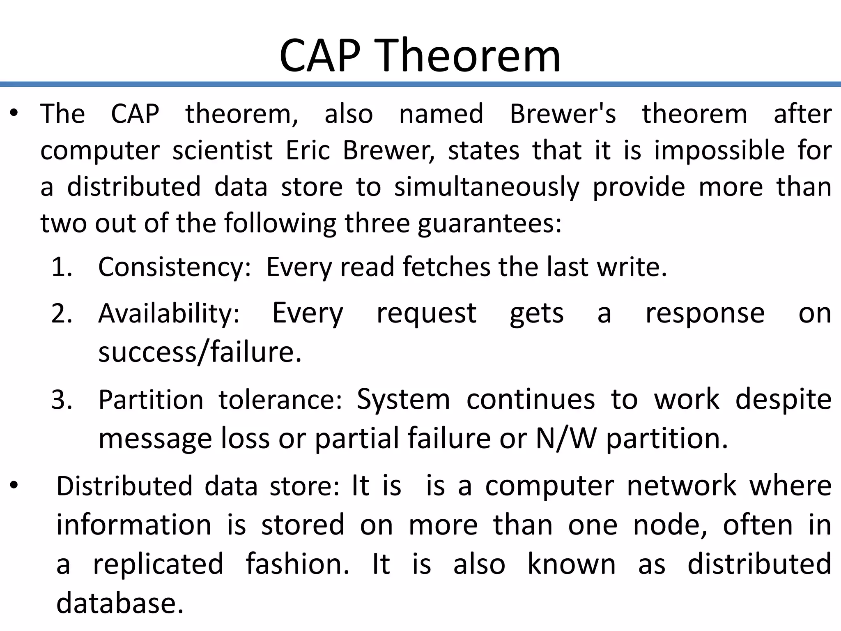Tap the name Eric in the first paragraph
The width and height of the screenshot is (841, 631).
[x=308, y=150]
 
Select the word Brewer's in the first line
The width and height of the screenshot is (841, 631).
[x=563, y=114]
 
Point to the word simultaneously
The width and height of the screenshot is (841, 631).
[x=487, y=187]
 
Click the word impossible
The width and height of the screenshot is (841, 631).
[x=719, y=150]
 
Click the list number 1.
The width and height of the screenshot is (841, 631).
[x=62, y=267]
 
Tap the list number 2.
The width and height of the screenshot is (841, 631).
[x=62, y=313]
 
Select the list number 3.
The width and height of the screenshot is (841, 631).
[x=62, y=399]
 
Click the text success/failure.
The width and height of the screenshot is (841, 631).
[x=200, y=352]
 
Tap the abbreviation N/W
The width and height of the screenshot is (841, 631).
[x=566, y=438]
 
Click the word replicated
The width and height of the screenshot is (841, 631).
[x=159, y=564]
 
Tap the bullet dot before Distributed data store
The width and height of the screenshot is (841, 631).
[x=14, y=486]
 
